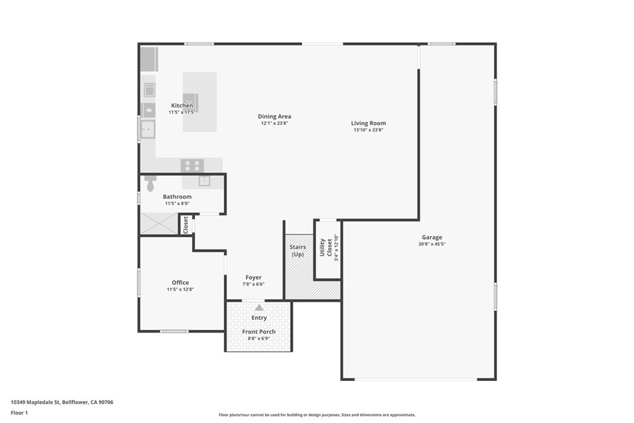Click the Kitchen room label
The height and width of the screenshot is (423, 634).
pos(182,106)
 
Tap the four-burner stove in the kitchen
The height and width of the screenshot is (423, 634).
pos(193,165)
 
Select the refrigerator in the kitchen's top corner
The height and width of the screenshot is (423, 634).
pos(149,59)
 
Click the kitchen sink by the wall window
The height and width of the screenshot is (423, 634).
pos(148,129)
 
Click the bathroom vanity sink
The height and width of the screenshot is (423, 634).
pos(204,181)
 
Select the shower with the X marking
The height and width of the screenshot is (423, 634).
pos(159,224)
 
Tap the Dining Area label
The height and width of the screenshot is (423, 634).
pos(274,116)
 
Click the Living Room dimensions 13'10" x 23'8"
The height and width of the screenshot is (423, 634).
pos(368,130)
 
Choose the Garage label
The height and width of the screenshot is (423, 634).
pos(432,237)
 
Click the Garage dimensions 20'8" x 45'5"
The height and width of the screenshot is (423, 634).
pos(432,244)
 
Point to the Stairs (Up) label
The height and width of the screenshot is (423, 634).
pos(298,251)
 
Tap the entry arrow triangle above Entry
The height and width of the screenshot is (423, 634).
pos(259,307)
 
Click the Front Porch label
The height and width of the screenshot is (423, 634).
pos(259,332)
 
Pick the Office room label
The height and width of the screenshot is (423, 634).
pos(180,282)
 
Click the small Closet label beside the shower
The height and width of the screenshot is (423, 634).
pos(185,224)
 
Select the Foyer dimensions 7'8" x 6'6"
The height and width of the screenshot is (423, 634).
pos(253,284)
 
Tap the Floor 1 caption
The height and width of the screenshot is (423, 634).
pos(20,412)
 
